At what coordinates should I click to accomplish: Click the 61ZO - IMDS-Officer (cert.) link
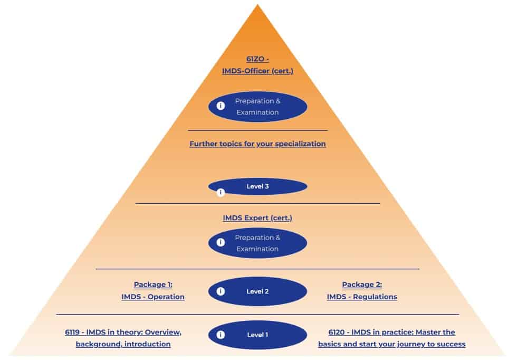pos(257,65)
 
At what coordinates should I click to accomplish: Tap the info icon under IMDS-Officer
pos(221,106)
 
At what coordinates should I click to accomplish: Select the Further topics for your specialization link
pos(257,144)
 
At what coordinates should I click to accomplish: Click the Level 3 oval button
pos(257,186)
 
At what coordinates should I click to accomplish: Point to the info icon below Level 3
pos(221,193)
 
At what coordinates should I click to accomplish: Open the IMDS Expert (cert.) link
pos(257,217)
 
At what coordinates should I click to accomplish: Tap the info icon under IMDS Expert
pos(221,243)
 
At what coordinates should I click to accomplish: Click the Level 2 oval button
pos(257,291)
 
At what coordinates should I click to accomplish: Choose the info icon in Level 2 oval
pos(221,291)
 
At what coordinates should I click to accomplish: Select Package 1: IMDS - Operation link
pos(153,291)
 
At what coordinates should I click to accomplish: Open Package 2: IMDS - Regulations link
pos(362,291)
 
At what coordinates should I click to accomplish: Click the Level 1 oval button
pos(257,335)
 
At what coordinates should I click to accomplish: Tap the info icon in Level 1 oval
pos(221,335)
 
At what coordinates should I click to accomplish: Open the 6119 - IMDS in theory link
pos(123,338)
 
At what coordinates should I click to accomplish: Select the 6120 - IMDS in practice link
pos(391,338)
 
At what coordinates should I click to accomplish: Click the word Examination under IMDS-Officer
pos(257,112)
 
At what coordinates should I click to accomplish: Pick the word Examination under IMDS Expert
pos(257,249)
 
